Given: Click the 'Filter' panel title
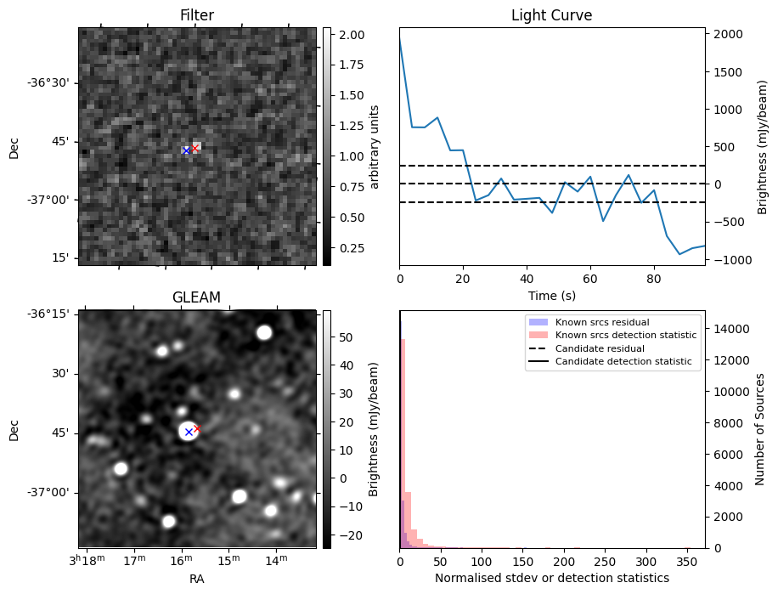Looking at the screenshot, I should [x=197, y=15].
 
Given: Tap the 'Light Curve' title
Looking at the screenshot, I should [x=551, y=15].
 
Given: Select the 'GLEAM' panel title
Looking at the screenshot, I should [x=197, y=297].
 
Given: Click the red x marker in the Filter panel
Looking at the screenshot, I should [x=194, y=148].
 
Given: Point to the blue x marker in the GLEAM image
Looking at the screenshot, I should [x=189, y=432].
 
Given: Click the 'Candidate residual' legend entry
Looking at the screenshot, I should [x=599, y=349].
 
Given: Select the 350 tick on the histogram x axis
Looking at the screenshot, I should [x=688, y=562].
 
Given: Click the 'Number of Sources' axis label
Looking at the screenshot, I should [x=760, y=429].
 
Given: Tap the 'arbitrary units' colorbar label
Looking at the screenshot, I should [x=374, y=146].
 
